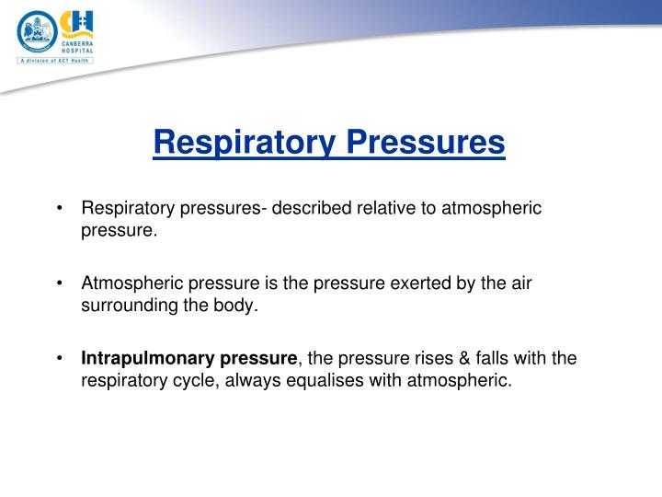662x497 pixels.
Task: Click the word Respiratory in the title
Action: (245, 143)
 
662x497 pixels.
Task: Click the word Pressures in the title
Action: (426, 142)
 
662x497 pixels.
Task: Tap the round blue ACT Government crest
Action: (37, 31)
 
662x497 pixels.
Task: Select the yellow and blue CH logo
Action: (76, 24)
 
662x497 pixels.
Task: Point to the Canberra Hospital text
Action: (77, 47)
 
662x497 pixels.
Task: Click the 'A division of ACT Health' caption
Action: (55, 61)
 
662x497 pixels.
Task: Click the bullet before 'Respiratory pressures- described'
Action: (59, 208)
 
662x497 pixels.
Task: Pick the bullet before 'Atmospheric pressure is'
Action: (59, 283)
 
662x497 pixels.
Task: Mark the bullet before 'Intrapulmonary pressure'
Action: (59, 358)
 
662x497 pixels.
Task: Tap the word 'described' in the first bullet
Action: (312, 208)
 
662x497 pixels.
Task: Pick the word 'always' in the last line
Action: (253, 381)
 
